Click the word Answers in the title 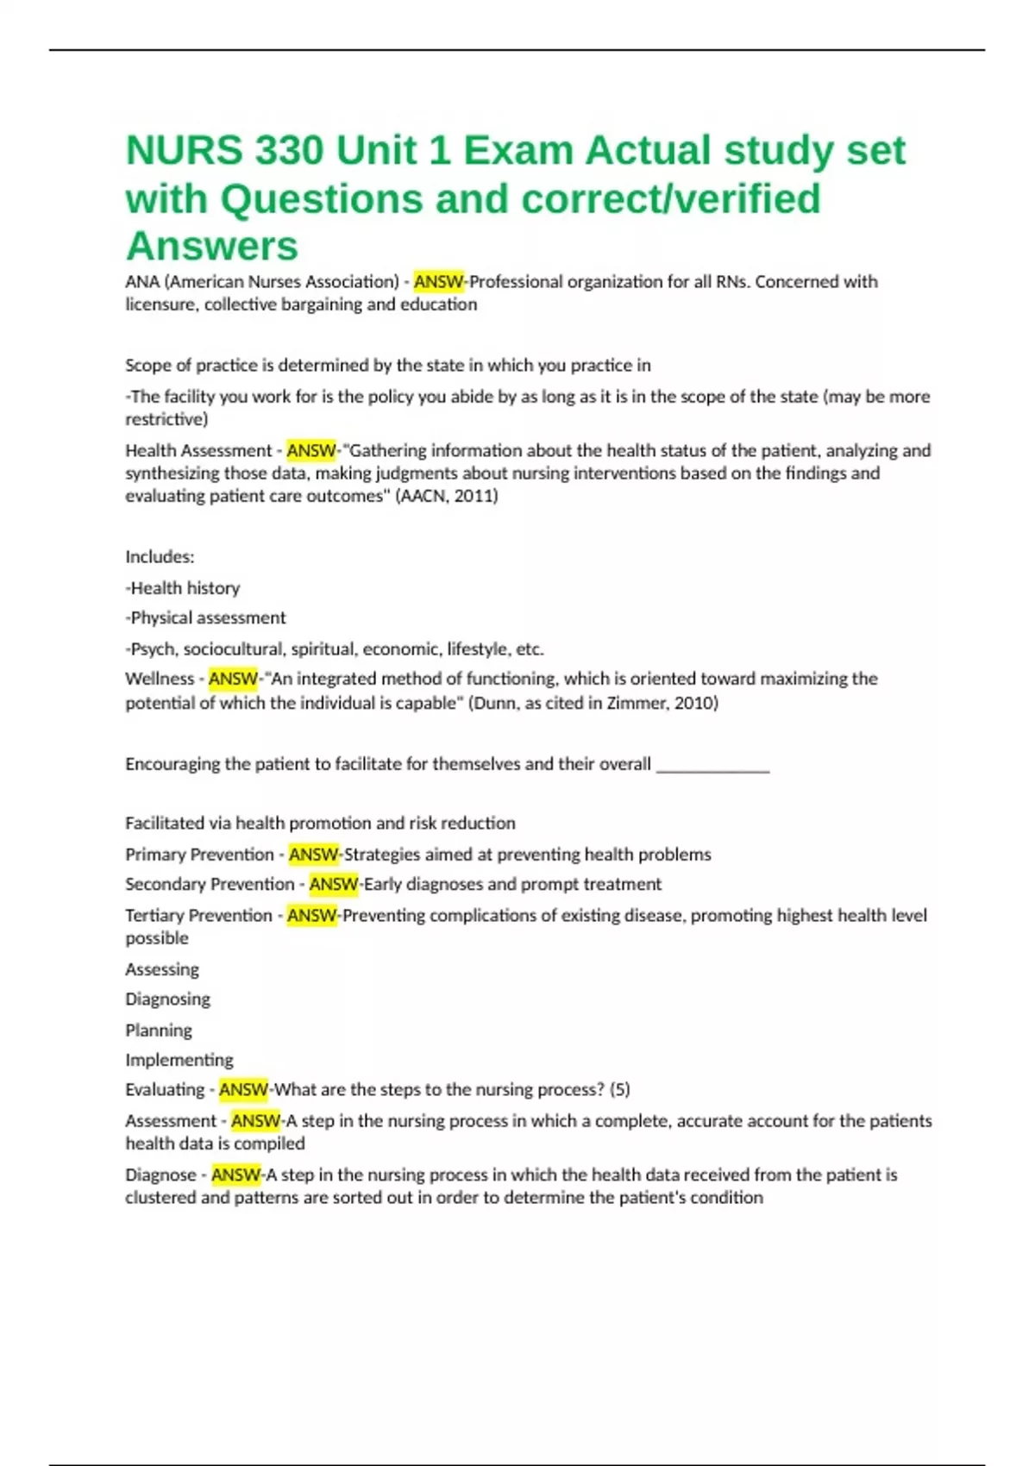click(x=212, y=246)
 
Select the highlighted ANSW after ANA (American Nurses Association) click(x=438, y=281)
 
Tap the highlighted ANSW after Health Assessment click(x=311, y=450)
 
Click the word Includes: click(x=160, y=556)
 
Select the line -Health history click(x=183, y=588)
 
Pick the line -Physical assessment click(x=205, y=617)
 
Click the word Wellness click(x=160, y=679)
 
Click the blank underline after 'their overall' click(x=712, y=764)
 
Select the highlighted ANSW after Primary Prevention click(x=314, y=855)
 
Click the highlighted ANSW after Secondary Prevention click(x=334, y=884)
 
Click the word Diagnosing click(x=167, y=999)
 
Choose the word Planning click(x=159, y=1030)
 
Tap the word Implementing click(x=179, y=1060)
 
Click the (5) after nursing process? click(x=619, y=1089)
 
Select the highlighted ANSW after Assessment click(x=255, y=1120)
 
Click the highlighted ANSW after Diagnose click(x=235, y=1175)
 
